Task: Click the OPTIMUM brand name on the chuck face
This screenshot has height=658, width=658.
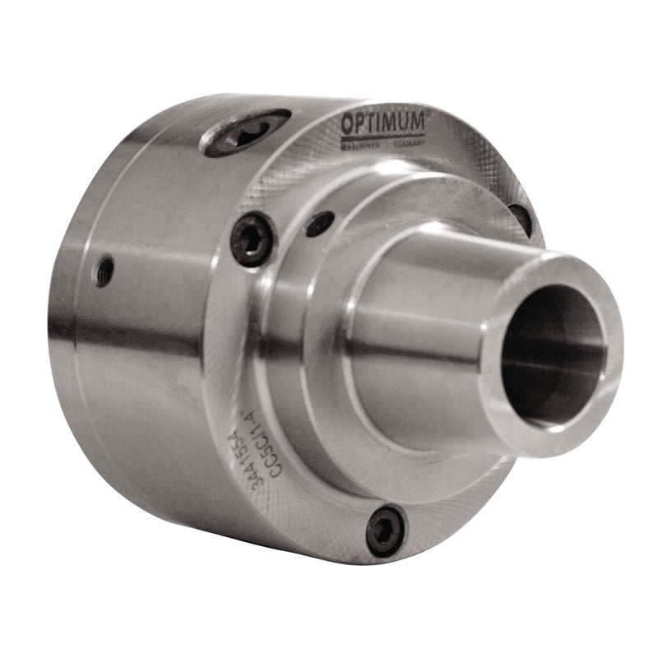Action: pos(383,123)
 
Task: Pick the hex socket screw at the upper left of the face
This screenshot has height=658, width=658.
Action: pos(252,239)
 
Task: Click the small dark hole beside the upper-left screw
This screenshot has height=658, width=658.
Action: pos(320,223)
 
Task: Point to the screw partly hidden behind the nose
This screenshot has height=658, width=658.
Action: pos(520,217)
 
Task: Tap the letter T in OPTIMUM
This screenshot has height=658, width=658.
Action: pos(371,123)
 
